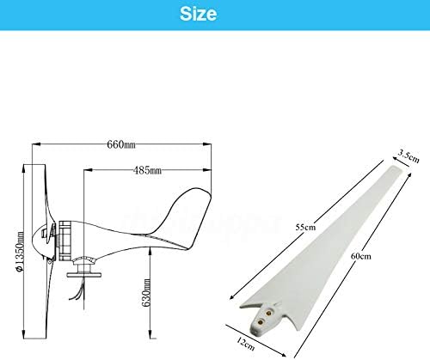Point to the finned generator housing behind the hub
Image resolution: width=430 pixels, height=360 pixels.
tap(62, 240)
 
